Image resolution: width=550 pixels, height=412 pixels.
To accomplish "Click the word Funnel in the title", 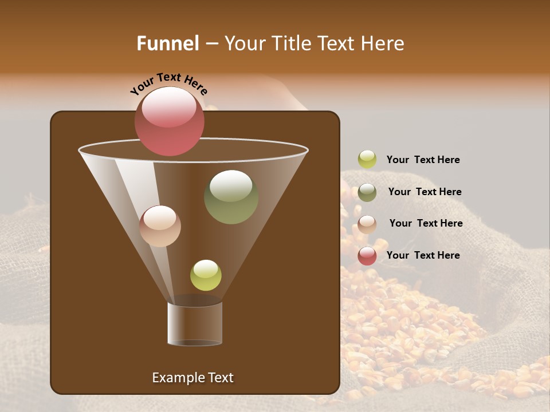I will click(167, 43).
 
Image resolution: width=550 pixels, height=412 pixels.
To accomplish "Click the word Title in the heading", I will click(290, 43).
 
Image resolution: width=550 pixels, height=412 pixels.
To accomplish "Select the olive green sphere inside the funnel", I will click(231, 197).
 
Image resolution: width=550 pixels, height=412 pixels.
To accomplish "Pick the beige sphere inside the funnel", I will click(160, 226).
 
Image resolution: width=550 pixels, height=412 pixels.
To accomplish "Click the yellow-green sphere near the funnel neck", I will click(206, 275).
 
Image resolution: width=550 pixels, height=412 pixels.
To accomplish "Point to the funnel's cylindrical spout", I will click(195, 324).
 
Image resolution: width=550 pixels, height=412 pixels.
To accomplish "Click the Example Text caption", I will click(192, 378).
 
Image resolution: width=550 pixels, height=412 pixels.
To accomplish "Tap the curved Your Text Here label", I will click(169, 84).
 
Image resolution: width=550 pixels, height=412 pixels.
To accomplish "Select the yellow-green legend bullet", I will click(367, 160).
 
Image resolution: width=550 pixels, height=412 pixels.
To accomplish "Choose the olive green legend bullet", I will click(367, 192).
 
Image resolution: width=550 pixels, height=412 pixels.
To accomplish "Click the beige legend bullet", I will click(367, 224).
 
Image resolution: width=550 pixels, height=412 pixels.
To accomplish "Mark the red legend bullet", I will click(367, 256).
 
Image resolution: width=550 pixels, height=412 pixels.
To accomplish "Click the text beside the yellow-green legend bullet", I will click(423, 160).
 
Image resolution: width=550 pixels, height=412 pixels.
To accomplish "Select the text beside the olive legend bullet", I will click(425, 192).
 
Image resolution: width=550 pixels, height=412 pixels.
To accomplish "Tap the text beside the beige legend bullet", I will click(426, 224).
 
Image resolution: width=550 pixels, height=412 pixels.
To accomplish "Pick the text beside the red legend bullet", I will click(423, 255).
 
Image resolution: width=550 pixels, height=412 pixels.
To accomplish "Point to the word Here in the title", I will click(382, 43).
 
